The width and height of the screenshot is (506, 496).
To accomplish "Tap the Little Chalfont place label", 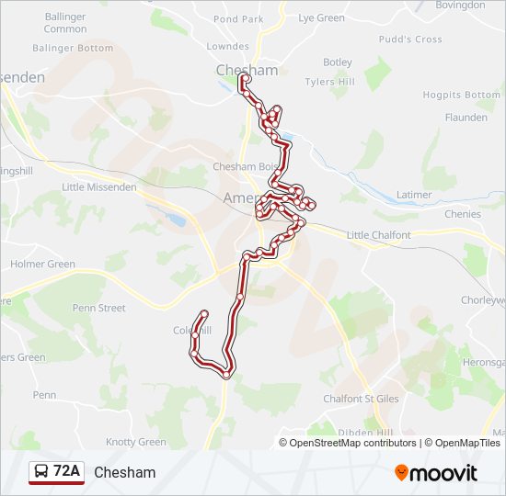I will tap(378, 235).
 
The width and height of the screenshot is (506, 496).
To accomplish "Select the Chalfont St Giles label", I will tap(361, 399).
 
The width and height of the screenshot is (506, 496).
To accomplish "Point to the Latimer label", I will tap(414, 195).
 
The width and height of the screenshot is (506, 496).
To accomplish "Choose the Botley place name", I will tap(338, 62).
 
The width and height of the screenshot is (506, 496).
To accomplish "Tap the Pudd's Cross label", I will tap(410, 39).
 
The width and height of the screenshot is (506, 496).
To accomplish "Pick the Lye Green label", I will tap(322, 18).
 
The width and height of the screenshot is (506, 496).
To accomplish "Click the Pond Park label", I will tap(237, 18).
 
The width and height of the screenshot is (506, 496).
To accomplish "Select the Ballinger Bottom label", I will tap(73, 48).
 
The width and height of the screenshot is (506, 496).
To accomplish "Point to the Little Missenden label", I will tap(98, 187).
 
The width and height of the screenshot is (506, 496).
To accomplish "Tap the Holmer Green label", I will tap(42, 265).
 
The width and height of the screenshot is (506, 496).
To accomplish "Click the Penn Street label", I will tap(98, 309).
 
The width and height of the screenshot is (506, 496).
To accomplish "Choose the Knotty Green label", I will tap(136, 442).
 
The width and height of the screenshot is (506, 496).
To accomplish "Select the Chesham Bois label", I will tap(245, 167).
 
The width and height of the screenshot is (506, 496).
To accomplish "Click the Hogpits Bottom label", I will tap(462, 95).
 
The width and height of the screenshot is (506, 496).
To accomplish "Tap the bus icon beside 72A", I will tap(41, 472).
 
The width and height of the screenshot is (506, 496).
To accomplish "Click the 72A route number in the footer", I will tap(66, 472).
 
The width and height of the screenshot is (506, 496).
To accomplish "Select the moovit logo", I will tap(436, 472).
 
